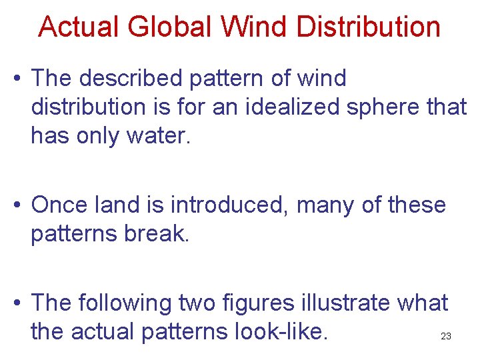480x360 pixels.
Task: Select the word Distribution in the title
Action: click(369, 27)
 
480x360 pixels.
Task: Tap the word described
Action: click(133, 79)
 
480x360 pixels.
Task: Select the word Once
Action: click(59, 205)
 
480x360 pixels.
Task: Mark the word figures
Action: click(261, 303)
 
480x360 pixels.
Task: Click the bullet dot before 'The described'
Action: click(17, 79)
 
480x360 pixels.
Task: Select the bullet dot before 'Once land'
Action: click(17, 205)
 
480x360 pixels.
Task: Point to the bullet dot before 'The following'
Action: click(17, 303)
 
